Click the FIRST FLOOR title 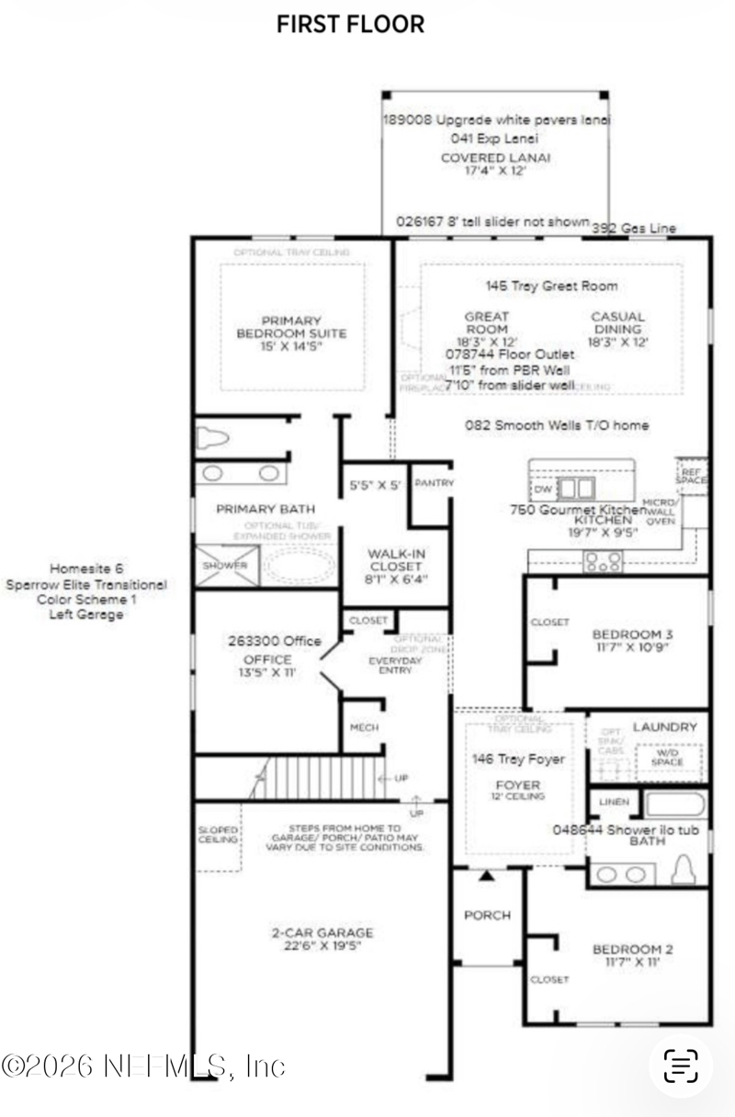[350, 25]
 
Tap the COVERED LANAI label [495, 157]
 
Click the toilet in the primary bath [212, 438]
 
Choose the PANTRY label [434, 483]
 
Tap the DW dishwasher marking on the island [543, 488]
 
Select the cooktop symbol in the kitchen [603, 559]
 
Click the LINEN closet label [614, 802]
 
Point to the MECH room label [364, 728]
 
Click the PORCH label [487, 915]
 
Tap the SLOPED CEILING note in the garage [219, 834]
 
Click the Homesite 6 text [86, 569]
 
